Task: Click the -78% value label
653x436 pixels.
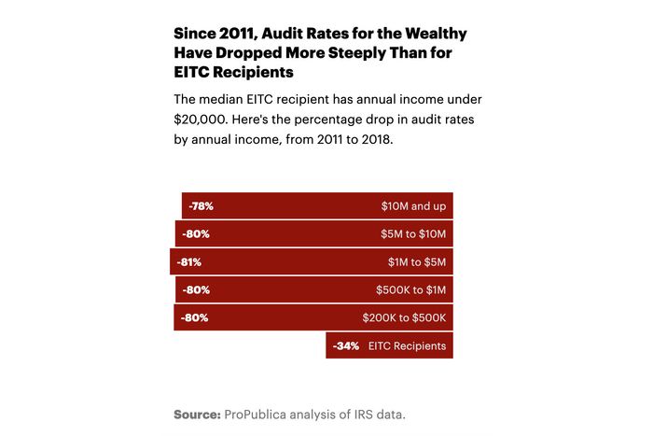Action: [x=201, y=205]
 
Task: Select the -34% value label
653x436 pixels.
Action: [x=346, y=345]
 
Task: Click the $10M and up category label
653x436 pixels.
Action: [x=413, y=205]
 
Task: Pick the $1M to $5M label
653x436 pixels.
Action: [x=417, y=261]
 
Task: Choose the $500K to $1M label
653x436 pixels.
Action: [x=410, y=289]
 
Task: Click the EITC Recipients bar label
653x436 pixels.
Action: [x=407, y=345]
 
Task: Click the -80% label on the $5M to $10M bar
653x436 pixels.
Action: [x=196, y=233]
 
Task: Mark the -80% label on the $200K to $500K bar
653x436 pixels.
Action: [x=194, y=317]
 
